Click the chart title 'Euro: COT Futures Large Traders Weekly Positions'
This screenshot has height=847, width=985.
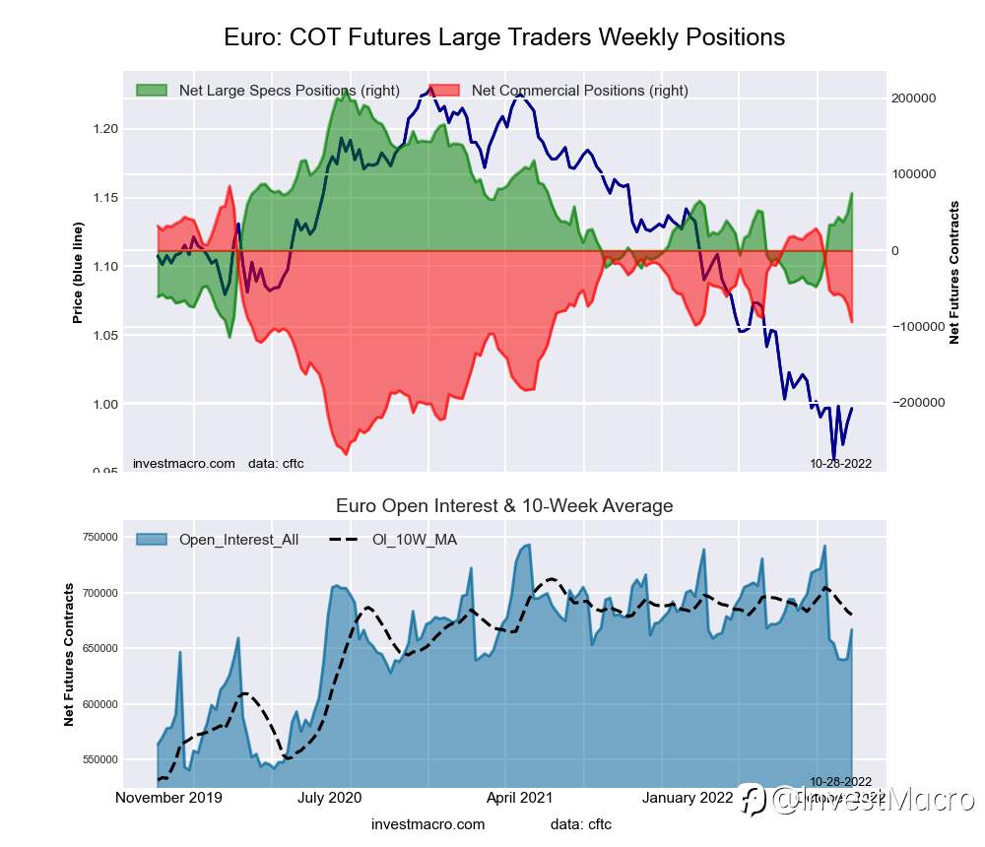[x=504, y=37]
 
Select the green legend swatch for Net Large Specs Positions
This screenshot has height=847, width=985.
[x=153, y=91]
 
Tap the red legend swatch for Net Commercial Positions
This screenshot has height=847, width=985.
[x=445, y=91]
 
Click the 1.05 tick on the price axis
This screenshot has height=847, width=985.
[x=105, y=336]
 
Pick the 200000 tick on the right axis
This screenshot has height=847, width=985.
[x=912, y=98]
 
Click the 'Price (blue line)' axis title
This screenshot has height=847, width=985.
[x=77, y=273]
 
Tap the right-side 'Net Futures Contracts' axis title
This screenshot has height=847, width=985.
[x=953, y=273]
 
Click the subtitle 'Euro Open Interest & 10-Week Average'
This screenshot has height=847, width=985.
[x=504, y=506]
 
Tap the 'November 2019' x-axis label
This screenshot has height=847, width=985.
[x=168, y=798]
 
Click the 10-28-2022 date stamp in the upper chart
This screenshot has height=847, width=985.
[x=840, y=464]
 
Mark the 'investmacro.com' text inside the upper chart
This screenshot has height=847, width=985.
[x=183, y=464]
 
